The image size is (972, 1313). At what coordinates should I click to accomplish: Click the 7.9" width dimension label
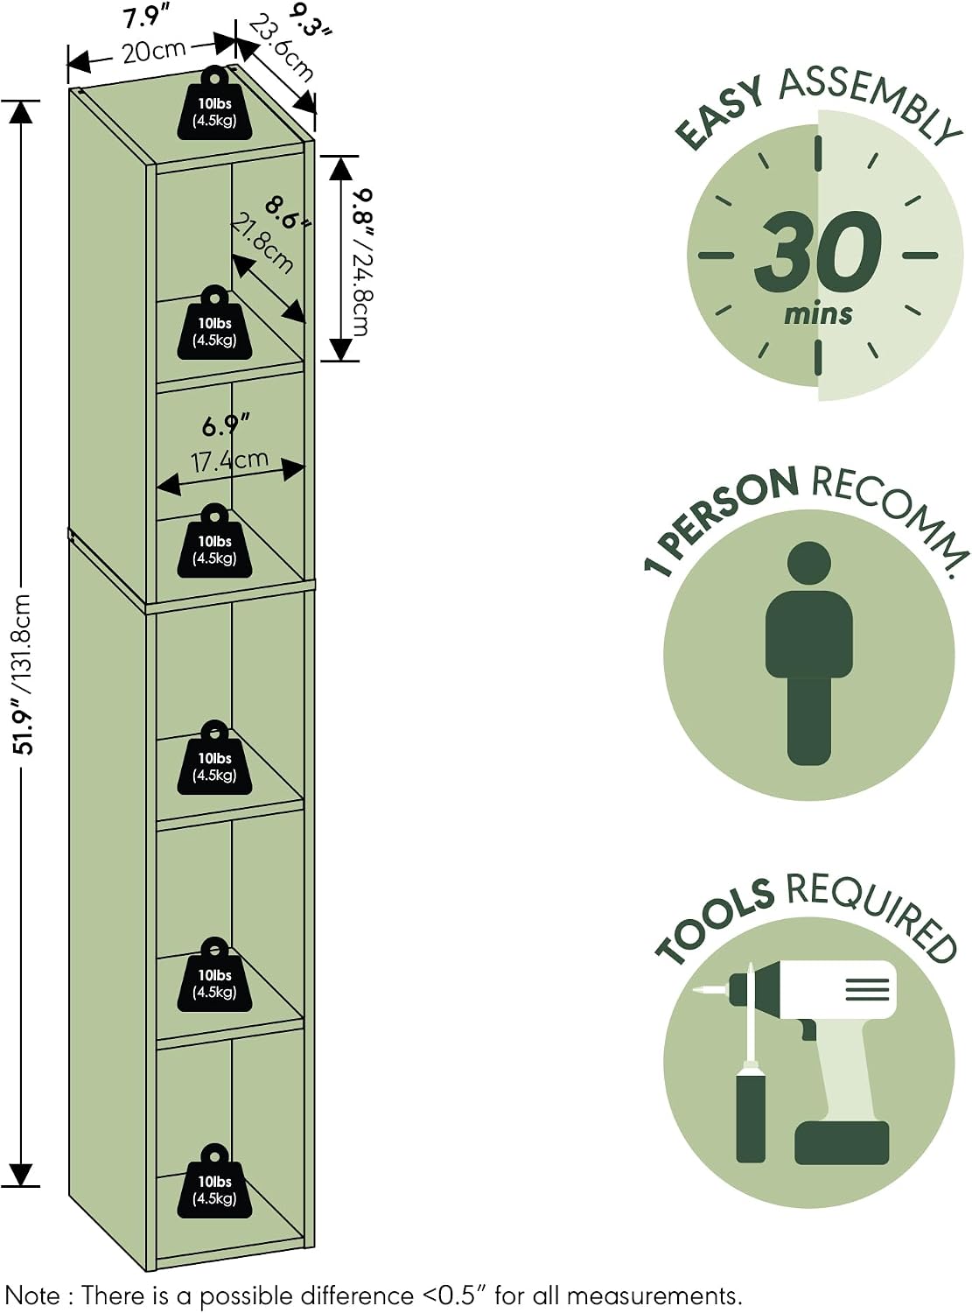(143, 18)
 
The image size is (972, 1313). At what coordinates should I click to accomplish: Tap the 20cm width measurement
(154, 51)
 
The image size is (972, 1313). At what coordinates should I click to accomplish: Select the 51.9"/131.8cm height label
(23, 674)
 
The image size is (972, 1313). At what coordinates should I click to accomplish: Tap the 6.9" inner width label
(226, 425)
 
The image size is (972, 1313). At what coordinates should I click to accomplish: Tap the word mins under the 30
(818, 314)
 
